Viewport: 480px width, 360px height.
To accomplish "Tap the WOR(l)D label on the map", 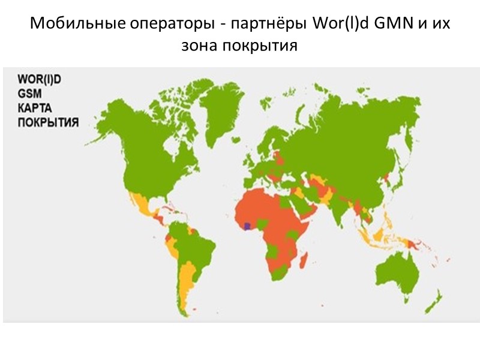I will pos(40,79).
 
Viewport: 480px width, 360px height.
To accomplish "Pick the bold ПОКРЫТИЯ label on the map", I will pos(49,122).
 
